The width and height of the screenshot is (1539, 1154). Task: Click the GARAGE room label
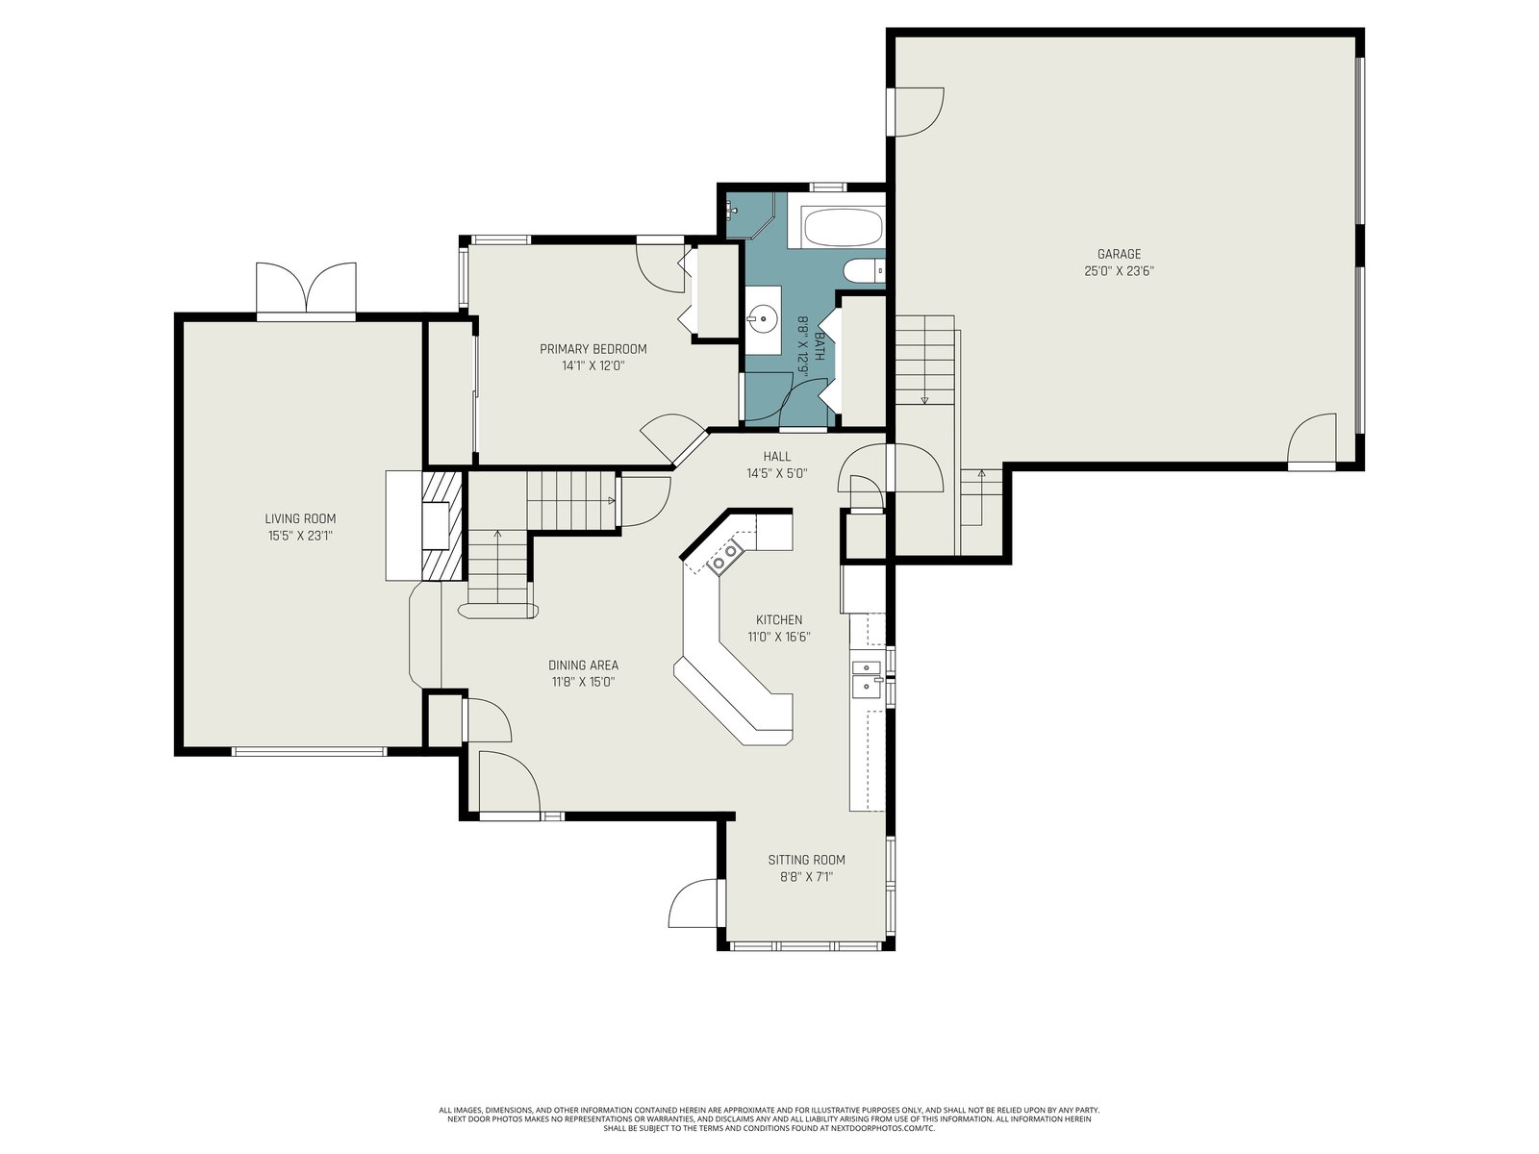(1119, 254)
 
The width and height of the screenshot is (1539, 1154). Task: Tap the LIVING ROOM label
(300, 518)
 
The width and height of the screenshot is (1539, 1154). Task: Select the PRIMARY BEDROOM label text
(593, 349)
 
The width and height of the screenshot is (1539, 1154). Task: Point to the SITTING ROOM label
(806, 860)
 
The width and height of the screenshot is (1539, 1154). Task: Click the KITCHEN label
(779, 620)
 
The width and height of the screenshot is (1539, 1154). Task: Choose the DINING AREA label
(583, 665)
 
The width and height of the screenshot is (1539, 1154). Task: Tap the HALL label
(777, 456)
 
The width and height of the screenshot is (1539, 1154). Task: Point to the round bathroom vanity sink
(762, 320)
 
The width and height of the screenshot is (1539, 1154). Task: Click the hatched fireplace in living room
(442, 525)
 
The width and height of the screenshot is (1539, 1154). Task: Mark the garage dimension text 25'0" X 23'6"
(1119, 271)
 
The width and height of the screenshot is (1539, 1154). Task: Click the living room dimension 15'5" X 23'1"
(300, 536)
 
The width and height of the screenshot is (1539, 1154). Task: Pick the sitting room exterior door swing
(693, 903)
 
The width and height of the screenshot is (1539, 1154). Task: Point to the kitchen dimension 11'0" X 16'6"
(779, 637)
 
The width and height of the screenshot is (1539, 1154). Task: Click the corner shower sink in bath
(733, 209)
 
